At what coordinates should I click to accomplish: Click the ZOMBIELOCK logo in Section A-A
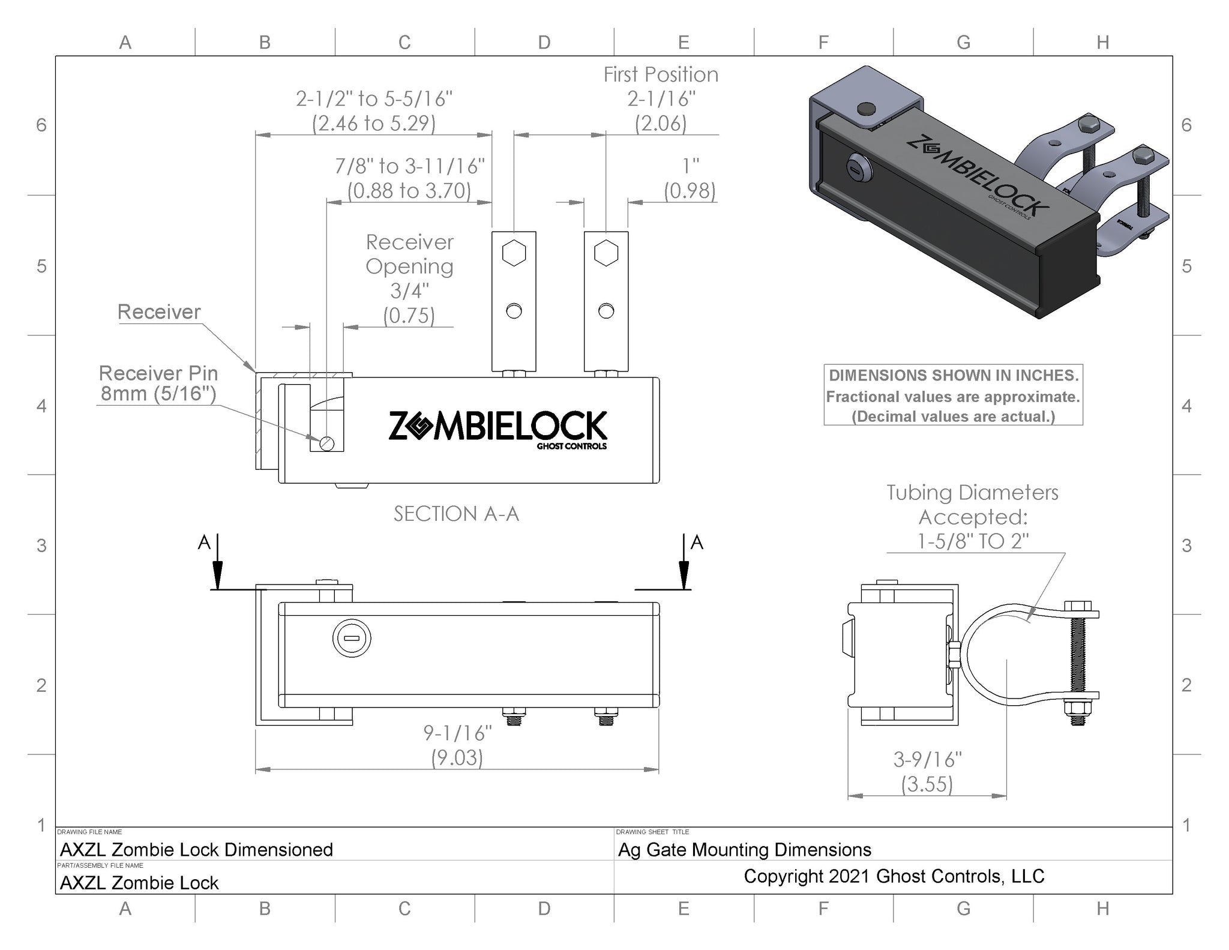[497, 428]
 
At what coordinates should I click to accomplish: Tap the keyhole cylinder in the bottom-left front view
[352, 638]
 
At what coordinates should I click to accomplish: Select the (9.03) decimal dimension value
[457, 757]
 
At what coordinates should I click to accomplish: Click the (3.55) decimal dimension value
[927, 784]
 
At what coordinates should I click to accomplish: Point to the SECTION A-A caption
[456, 514]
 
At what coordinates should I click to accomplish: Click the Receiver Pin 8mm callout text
[158, 383]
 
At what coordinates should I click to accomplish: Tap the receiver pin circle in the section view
[327, 443]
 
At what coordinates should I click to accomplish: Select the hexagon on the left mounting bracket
[514, 253]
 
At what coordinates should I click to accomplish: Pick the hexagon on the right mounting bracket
[606, 253]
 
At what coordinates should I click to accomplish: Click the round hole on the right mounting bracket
[606, 311]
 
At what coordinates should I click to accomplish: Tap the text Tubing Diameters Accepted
[972, 504]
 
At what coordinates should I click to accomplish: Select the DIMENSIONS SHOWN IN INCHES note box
[953, 395]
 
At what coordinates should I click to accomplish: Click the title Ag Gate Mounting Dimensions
[745, 850]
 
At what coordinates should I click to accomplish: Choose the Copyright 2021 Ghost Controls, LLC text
[894, 876]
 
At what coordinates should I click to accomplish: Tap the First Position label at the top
[661, 74]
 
